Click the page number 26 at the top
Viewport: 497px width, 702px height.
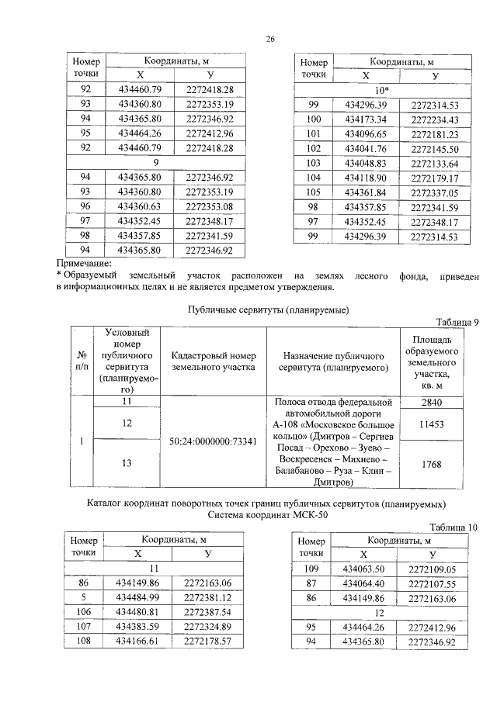[x=269, y=37]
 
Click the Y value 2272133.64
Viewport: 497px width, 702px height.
[x=435, y=164]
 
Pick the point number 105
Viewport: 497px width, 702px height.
[x=314, y=192]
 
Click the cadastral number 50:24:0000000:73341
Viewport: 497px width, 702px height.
[x=213, y=441]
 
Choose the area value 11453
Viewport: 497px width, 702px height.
[x=429, y=425]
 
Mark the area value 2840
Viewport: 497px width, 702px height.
[x=429, y=403]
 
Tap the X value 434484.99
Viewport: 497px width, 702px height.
[x=137, y=597]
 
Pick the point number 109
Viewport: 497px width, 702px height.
[x=313, y=569]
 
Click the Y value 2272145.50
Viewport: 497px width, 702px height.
[x=435, y=149]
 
